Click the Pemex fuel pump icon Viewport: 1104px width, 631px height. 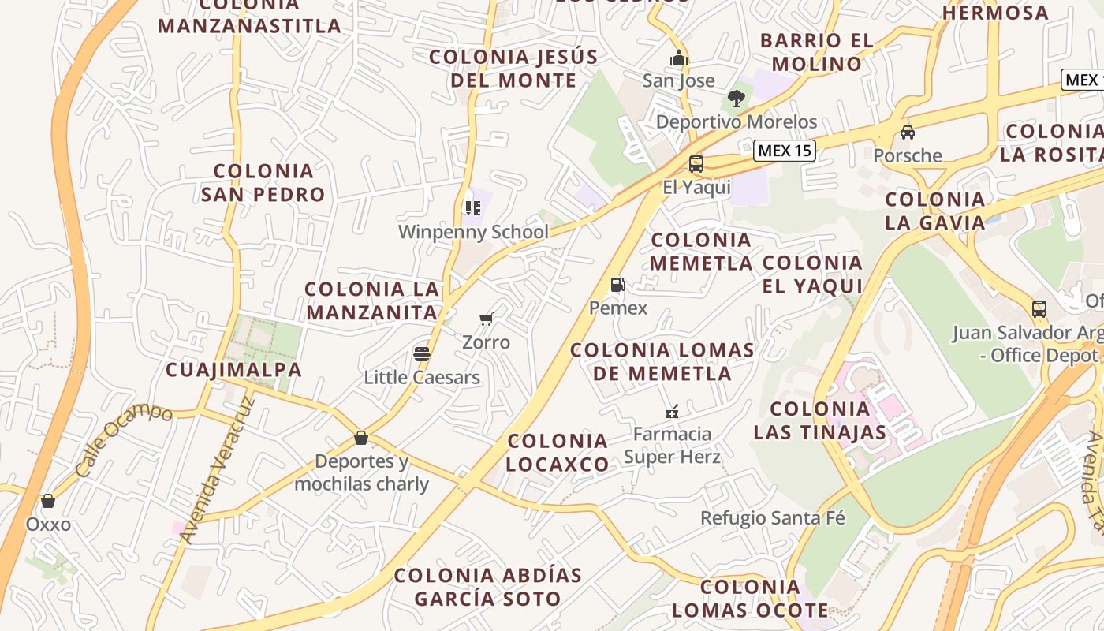pos(617,285)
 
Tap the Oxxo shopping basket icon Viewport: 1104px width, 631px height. pos(48,501)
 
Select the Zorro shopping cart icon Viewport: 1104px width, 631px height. pos(486,319)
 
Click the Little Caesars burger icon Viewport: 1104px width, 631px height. pos(422,353)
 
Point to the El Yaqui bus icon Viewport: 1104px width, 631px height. pos(696,164)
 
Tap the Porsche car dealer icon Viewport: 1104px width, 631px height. pos(908,132)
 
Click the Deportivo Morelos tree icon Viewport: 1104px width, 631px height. pos(736,99)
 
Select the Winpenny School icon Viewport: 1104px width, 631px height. pos(473,208)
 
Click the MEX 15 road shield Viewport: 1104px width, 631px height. pos(784,151)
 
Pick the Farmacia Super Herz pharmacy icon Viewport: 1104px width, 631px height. pos(672,411)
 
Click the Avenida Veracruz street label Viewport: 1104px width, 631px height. pos(218,471)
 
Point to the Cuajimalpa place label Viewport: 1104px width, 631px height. pos(233,369)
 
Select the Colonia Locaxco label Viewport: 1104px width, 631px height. pos(558,453)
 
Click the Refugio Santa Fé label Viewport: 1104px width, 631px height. pos(773,518)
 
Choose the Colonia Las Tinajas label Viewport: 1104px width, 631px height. pos(820,420)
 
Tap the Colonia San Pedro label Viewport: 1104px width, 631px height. pos(263,182)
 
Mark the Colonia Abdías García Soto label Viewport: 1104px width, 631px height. pos(487,587)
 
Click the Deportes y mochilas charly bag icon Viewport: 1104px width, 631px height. pos(361,438)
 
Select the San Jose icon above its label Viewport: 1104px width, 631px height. pos(678,58)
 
